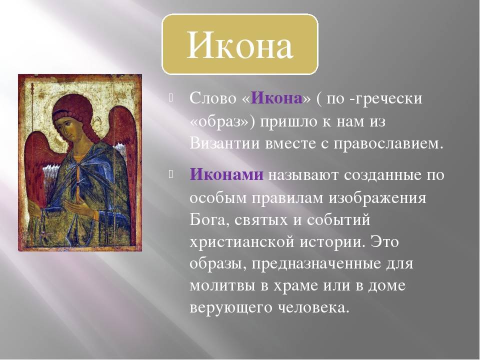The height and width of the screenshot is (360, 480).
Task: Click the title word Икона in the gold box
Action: point(240,45)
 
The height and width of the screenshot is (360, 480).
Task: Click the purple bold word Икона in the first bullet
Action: point(276,98)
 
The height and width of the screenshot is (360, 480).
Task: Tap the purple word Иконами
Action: point(226,175)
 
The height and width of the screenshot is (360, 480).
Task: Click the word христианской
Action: point(242,242)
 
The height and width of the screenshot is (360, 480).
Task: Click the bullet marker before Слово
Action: point(170,98)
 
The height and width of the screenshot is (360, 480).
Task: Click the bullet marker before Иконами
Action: point(170,174)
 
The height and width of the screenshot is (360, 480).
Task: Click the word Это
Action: point(385,242)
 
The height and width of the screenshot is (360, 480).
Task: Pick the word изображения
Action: point(377,198)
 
